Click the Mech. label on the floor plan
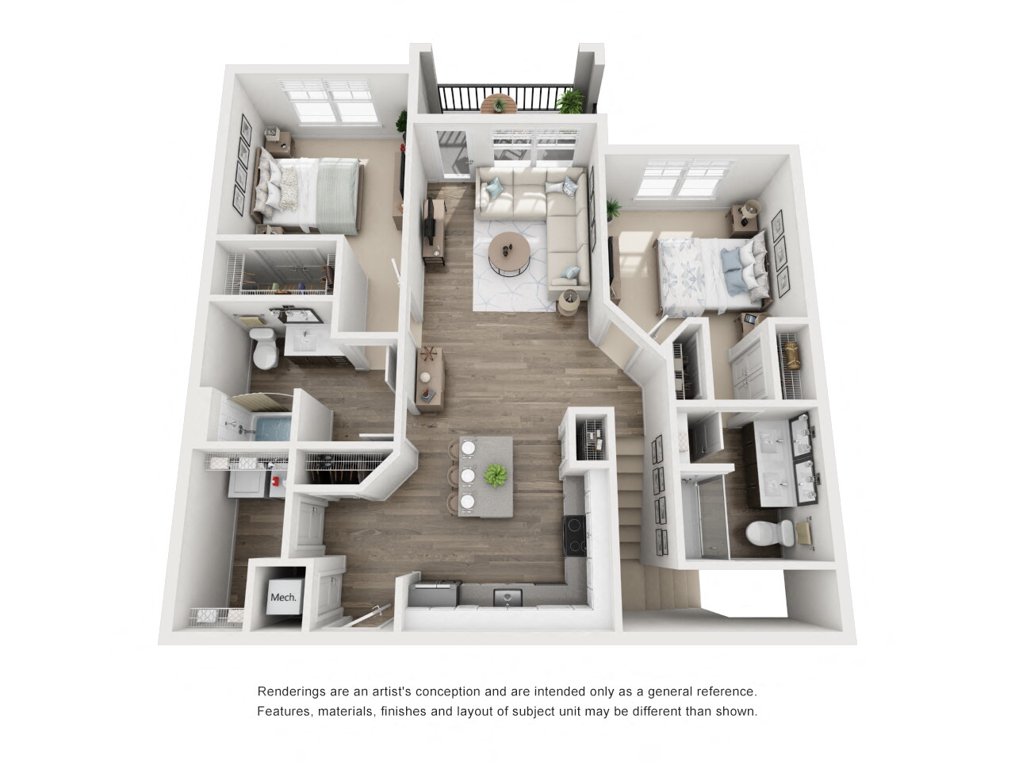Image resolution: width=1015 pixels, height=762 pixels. coord(283,597)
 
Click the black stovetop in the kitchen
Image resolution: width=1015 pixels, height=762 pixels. coord(575,533)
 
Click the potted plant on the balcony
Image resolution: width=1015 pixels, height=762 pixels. coord(570,101)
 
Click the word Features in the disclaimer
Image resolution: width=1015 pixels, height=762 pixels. coord(284,711)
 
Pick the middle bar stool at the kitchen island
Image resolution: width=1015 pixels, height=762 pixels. coord(468,475)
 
